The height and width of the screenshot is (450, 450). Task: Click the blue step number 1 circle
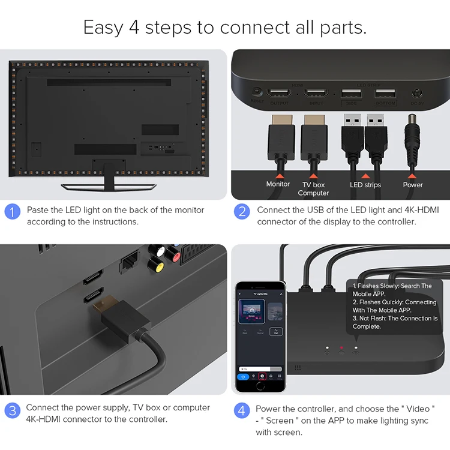12,212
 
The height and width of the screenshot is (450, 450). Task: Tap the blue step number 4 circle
242,411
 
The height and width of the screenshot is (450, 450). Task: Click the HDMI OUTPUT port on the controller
279,94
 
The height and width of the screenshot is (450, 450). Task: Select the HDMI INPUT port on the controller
316,94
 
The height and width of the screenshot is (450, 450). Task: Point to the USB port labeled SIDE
350,94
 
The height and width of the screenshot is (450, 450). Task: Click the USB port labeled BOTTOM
385,94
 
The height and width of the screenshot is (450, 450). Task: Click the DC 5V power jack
416,94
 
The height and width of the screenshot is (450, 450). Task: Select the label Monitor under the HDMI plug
278,184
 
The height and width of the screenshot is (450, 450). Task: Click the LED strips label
365,185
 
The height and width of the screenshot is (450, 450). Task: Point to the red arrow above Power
412,176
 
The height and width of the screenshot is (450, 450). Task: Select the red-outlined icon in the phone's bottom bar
262,377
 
